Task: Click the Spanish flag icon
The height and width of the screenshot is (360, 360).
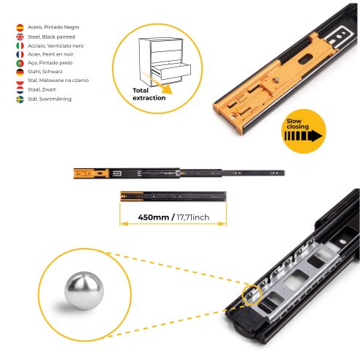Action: coord(19,27)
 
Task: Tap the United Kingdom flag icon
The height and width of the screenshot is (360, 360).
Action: coord(19,36)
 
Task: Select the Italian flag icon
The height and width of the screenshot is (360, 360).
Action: coord(19,45)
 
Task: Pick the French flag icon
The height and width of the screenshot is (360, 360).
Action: coord(19,53)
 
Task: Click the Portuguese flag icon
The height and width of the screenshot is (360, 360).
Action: coord(19,63)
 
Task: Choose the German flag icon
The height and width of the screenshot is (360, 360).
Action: coord(19,72)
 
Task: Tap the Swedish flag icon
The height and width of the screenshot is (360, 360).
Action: coord(19,98)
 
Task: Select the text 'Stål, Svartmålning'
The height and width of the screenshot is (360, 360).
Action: coord(51,98)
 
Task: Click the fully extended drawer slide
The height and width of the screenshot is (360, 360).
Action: coord(179,173)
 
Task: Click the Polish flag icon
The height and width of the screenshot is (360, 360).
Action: coord(19,80)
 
